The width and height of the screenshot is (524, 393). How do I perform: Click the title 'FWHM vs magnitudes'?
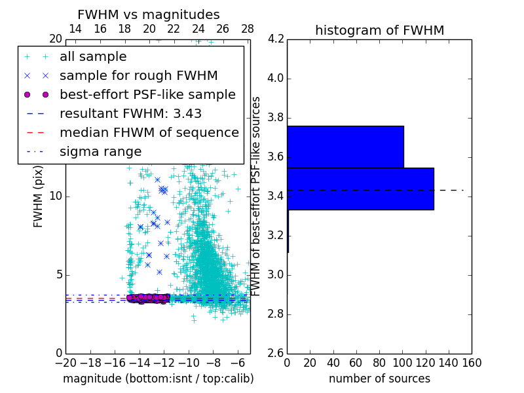[x=149, y=14]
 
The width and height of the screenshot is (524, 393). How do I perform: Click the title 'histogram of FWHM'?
[x=379, y=30]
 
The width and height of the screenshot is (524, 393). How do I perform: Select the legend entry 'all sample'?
[x=93, y=57]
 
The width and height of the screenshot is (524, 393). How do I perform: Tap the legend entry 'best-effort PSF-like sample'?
[x=147, y=94]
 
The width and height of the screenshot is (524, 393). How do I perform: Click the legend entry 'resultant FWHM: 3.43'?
[x=130, y=113]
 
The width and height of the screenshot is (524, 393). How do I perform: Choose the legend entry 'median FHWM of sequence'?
[x=149, y=132]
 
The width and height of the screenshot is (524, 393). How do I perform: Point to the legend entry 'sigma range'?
[x=100, y=151]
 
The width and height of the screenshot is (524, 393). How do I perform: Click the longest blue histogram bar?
[x=360, y=189]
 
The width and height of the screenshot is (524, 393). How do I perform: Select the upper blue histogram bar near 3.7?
[x=345, y=147]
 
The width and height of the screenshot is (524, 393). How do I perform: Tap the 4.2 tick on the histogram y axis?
[x=275, y=39]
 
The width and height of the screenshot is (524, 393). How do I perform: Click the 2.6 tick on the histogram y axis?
[x=275, y=353]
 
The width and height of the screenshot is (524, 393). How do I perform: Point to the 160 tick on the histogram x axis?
[x=472, y=362]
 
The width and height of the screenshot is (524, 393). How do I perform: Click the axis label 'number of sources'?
[x=379, y=379]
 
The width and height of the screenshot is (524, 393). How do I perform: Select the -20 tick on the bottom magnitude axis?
[x=65, y=362]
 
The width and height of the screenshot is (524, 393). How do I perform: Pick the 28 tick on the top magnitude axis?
[x=248, y=29]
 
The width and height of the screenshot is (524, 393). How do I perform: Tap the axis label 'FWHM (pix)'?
[x=39, y=196]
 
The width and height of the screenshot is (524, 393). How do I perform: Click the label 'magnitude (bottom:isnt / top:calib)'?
[x=158, y=379]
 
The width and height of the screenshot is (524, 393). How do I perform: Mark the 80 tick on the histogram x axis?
[x=379, y=362]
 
